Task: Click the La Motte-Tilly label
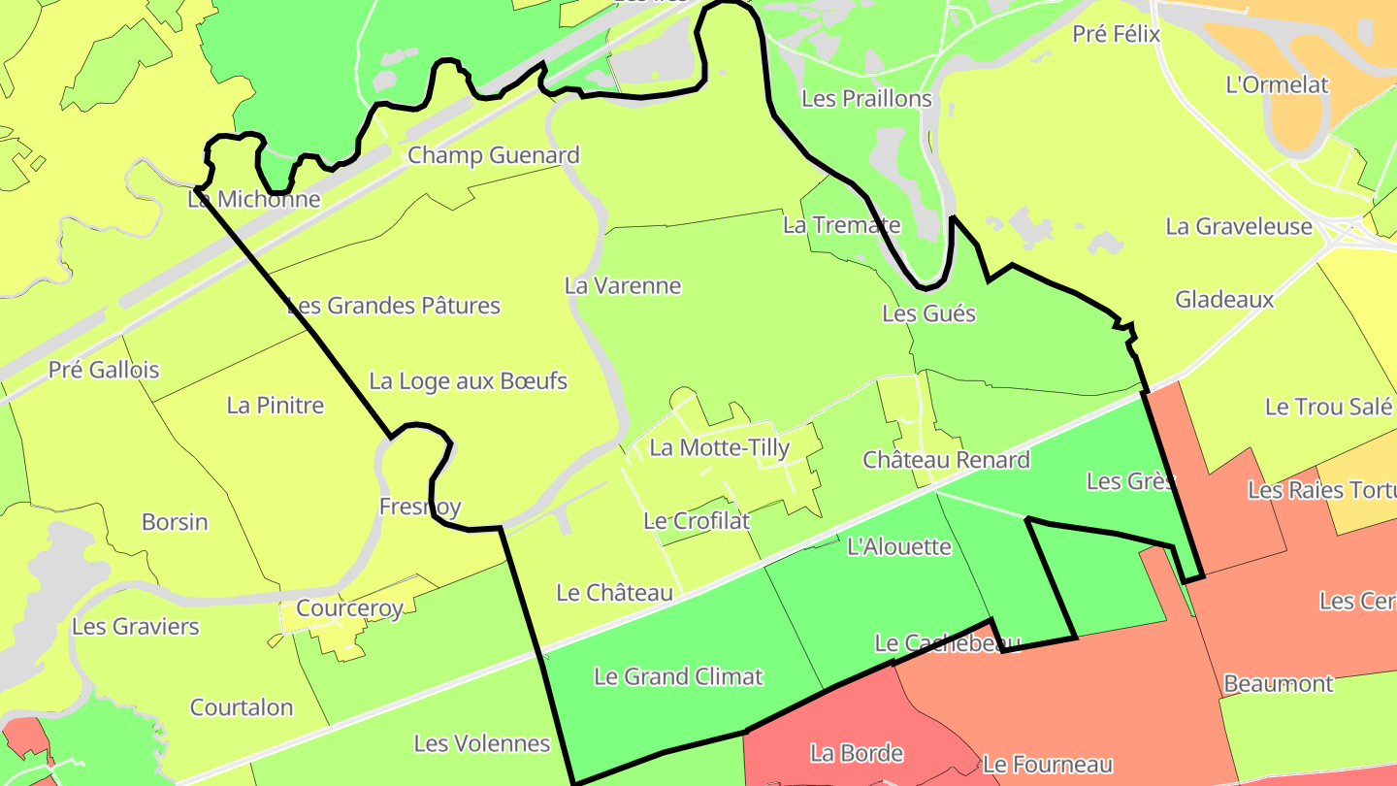(x=719, y=447)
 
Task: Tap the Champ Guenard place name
(x=493, y=155)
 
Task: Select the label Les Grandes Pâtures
(x=394, y=306)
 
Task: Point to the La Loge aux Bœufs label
(x=468, y=381)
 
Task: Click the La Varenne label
(x=623, y=286)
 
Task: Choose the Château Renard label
(x=946, y=459)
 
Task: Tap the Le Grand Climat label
(x=678, y=676)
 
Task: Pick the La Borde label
(x=857, y=753)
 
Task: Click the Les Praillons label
(x=866, y=99)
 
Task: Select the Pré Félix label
(x=1116, y=34)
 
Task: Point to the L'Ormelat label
(x=1277, y=84)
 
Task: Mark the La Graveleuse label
(x=1239, y=227)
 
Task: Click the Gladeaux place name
(x=1224, y=299)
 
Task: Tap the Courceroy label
(x=349, y=608)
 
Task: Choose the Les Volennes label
(x=482, y=744)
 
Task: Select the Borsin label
(x=175, y=522)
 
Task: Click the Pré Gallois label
(x=104, y=370)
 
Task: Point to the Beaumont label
(x=1278, y=683)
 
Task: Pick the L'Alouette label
(x=899, y=546)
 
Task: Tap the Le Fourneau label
(x=1047, y=765)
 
